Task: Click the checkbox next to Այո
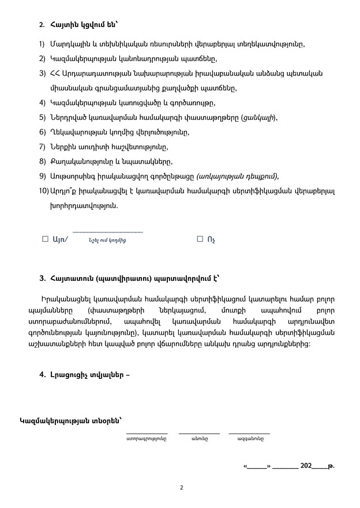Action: [x=45, y=238]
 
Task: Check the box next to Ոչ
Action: [x=200, y=238]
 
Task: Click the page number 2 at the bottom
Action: [x=181, y=487]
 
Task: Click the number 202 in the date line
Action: [x=307, y=465]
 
